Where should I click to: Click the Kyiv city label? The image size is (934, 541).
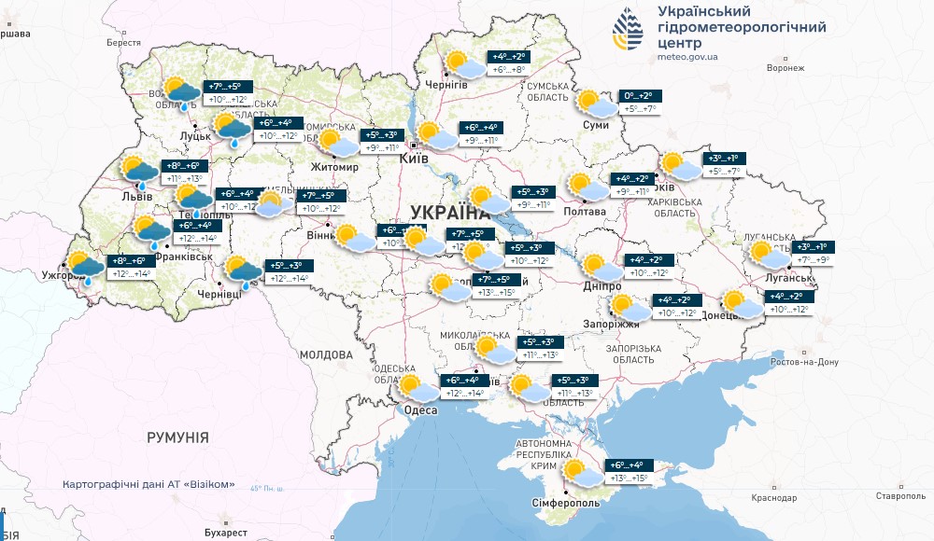[x=414, y=160]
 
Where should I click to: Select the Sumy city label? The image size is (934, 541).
[x=596, y=125]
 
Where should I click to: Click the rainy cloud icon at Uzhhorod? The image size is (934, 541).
[x=84, y=267]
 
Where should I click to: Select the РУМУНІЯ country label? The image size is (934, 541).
[x=177, y=437]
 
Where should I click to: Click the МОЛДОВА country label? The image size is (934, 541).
[x=327, y=355]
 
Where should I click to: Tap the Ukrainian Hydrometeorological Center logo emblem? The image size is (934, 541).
[x=628, y=33]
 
